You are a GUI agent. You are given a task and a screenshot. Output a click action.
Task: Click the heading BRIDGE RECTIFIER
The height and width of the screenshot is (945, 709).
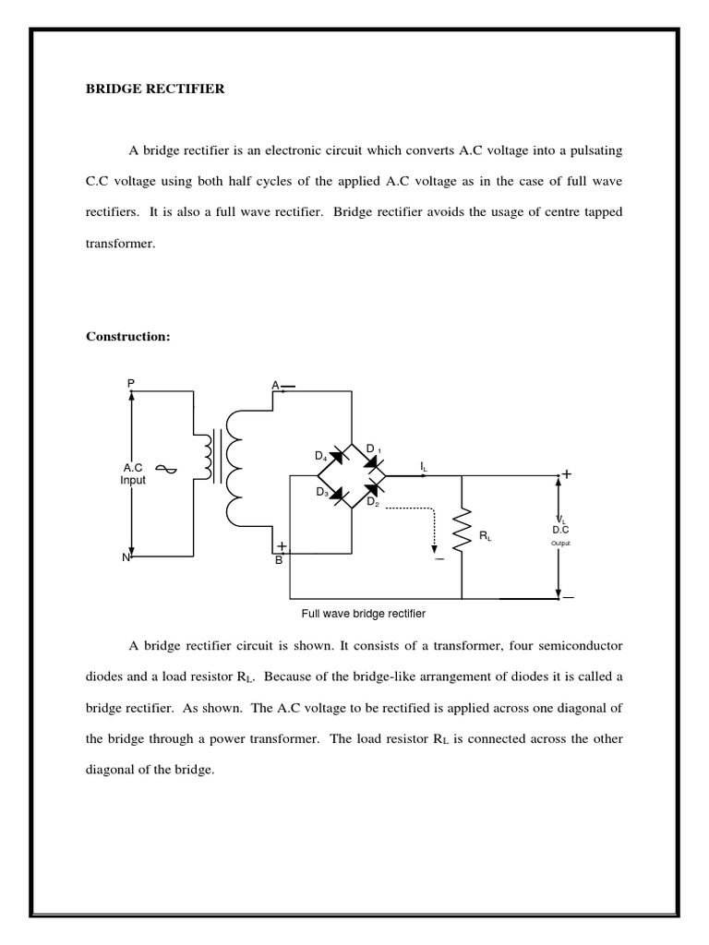[155, 90]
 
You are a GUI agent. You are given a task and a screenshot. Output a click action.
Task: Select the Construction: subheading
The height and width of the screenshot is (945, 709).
[128, 337]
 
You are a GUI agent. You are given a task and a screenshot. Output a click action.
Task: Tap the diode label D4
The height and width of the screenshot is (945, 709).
[320, 456]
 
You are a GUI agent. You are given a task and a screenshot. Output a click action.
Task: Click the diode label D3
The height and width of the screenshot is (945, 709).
[322, 493]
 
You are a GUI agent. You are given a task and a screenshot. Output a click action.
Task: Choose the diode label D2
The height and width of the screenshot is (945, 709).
[372, 502]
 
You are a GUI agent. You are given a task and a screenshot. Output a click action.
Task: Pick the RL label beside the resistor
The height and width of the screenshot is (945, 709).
[486, 536]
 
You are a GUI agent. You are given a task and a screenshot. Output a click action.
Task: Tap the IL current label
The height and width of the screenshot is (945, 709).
[424, 467]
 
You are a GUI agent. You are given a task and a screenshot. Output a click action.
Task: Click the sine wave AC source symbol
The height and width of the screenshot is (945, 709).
[166, 469]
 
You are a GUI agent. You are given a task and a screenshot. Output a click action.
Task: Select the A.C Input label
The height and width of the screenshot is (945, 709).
[133, 474]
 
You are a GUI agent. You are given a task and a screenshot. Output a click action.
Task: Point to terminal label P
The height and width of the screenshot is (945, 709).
[131, 382]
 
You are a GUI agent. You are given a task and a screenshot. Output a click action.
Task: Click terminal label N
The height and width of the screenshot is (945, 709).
[126, 557]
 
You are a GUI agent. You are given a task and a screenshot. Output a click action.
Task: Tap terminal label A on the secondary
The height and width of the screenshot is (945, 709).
[275, 384]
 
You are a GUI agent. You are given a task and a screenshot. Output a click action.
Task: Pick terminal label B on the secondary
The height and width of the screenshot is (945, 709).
[278, 560]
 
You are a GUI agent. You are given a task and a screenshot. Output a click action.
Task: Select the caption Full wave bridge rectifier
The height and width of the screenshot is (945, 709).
[363, 613]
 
